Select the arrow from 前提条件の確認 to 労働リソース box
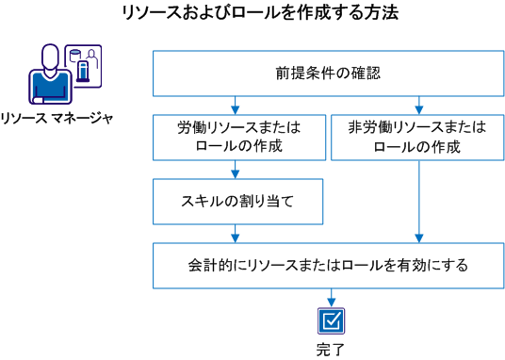(235, 105)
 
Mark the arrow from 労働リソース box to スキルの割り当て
(235, 169)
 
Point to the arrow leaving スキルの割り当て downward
(235, 233)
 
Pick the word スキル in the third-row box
(194, 201)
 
